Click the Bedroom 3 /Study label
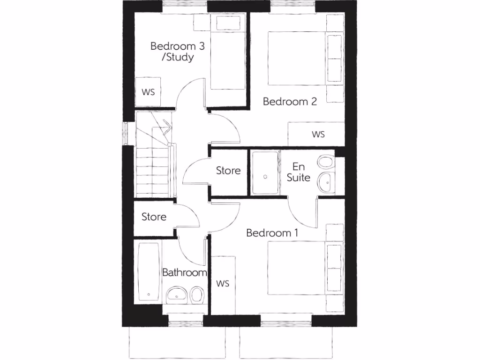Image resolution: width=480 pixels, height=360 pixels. (x=172, y=52)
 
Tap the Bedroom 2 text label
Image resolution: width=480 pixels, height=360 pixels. (x=290, y=101)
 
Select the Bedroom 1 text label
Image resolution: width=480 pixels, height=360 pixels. (x=273, y=232)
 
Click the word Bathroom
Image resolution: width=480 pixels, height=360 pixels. (x=184, y=272)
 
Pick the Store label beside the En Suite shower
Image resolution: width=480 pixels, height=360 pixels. (x=228, y=171)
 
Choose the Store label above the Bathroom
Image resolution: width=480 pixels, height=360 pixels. (x=154, y=217)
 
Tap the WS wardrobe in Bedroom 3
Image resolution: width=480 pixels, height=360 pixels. (x=148, y=92)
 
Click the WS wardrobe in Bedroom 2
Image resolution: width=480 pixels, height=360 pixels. (x=318, y=134)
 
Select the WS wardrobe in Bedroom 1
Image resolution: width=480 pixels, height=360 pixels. (x=223, y=284)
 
